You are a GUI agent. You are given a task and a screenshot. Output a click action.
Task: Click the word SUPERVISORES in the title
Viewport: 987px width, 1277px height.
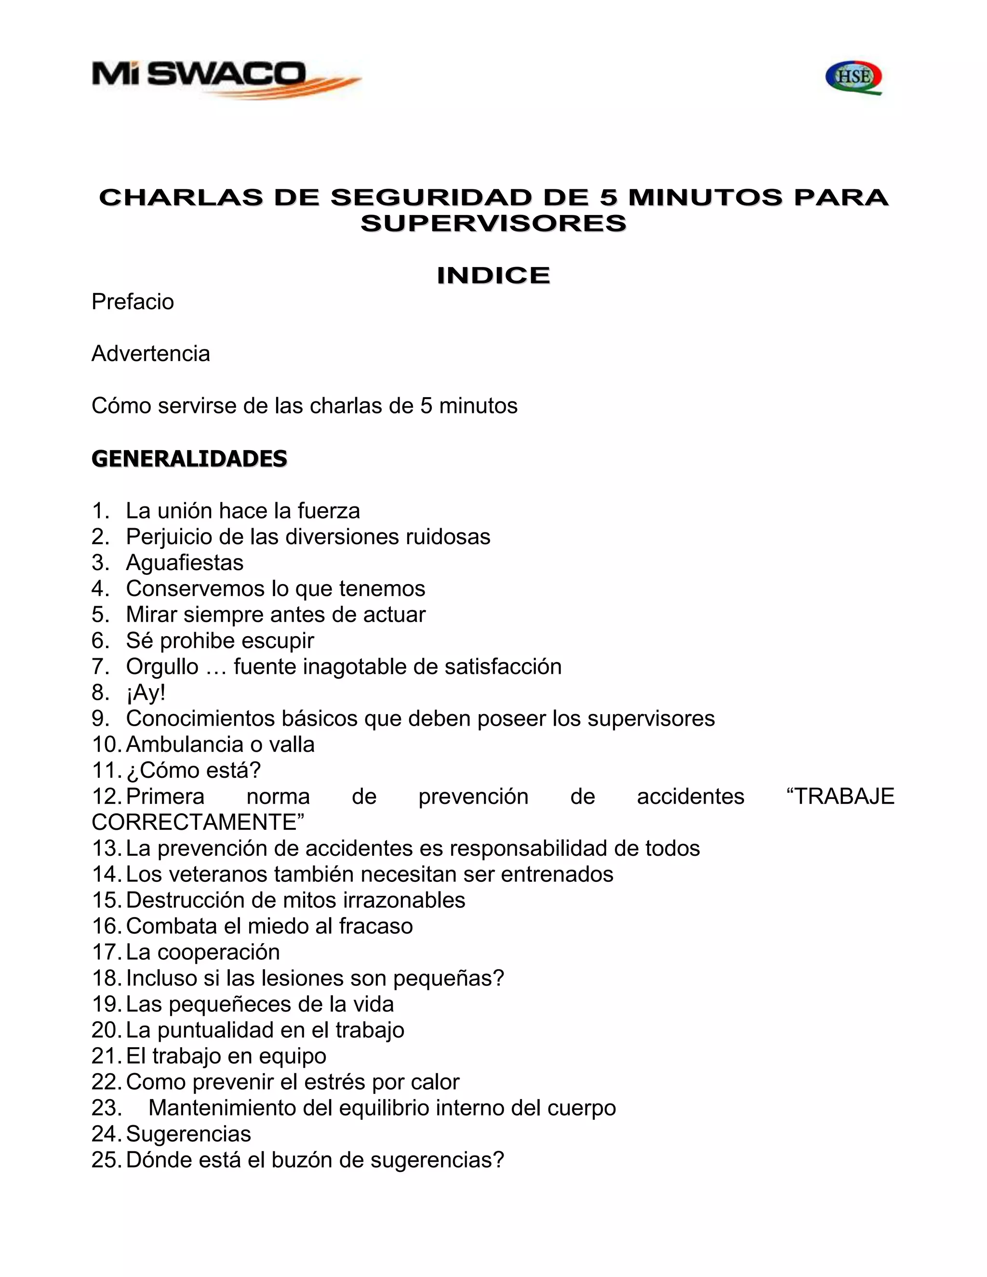click(x=493, y=224)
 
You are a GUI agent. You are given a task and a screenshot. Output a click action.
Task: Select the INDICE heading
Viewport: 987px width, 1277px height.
click(x=493, y=275)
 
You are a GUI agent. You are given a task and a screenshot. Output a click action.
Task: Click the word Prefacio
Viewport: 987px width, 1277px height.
click(x=133, y=302)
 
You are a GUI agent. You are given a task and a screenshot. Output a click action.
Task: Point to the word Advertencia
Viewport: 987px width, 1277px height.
click(x=151, y=354)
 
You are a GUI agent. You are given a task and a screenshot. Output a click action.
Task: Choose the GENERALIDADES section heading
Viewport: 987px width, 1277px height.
click(x=189, y=458)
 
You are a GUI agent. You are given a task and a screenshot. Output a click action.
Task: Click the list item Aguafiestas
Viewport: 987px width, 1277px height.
click(x=185, y=562)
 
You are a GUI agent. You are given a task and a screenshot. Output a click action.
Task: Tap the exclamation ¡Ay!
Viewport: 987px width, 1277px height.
click(x=146, y=692)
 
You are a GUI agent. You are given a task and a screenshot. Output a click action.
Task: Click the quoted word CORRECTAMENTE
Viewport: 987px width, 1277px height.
click(x=198, y=822)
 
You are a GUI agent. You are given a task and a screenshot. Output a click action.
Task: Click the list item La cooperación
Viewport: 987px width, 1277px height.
click(x=202, y=952)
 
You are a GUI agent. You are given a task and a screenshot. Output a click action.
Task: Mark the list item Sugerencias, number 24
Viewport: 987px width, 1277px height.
click(x=188, y=1134)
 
